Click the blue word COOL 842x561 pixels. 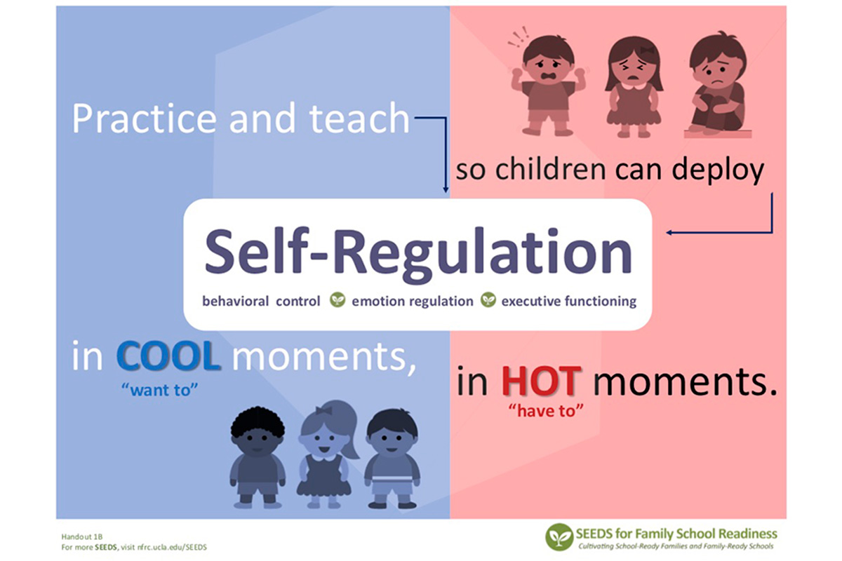168,356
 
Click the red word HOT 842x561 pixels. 541,381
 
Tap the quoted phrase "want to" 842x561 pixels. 159,390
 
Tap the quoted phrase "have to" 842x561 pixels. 546,411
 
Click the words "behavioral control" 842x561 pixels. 261,301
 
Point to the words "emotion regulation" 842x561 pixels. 413,302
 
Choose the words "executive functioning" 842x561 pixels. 569,302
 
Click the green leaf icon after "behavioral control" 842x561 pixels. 338,300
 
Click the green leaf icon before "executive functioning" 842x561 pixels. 488,300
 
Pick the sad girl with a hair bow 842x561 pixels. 634,86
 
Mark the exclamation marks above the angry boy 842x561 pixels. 518,36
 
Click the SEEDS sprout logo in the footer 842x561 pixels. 559,536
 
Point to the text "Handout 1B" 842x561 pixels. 82,536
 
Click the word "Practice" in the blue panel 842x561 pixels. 145,119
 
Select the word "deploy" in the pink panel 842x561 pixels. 718,171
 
